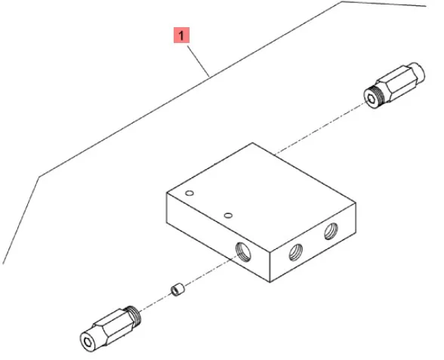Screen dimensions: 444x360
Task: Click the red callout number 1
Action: coord(181,35)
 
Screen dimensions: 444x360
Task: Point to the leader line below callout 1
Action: coord(198,61)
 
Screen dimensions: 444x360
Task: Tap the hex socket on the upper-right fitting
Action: coord(371,99)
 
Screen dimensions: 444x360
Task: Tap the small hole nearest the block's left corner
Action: coord(190,193)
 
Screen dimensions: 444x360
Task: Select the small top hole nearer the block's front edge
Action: coord(228,216)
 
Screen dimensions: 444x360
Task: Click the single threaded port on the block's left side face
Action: coord(243,252)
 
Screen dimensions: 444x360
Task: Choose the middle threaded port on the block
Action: coord(296,252)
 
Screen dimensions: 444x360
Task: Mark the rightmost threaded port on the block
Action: coord(331,231)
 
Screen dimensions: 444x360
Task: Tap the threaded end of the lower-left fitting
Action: coord(134,316)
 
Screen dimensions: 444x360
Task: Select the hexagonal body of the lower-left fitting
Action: coord(114,328)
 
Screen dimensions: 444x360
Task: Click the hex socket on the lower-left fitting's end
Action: coord(88,343)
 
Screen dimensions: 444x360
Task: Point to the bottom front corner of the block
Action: coord(270,282)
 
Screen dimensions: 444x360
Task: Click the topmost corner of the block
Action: coord(252,143)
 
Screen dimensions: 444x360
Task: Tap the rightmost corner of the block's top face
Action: coord(356,202)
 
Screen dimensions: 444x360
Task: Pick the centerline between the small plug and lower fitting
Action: coord(156,302)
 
